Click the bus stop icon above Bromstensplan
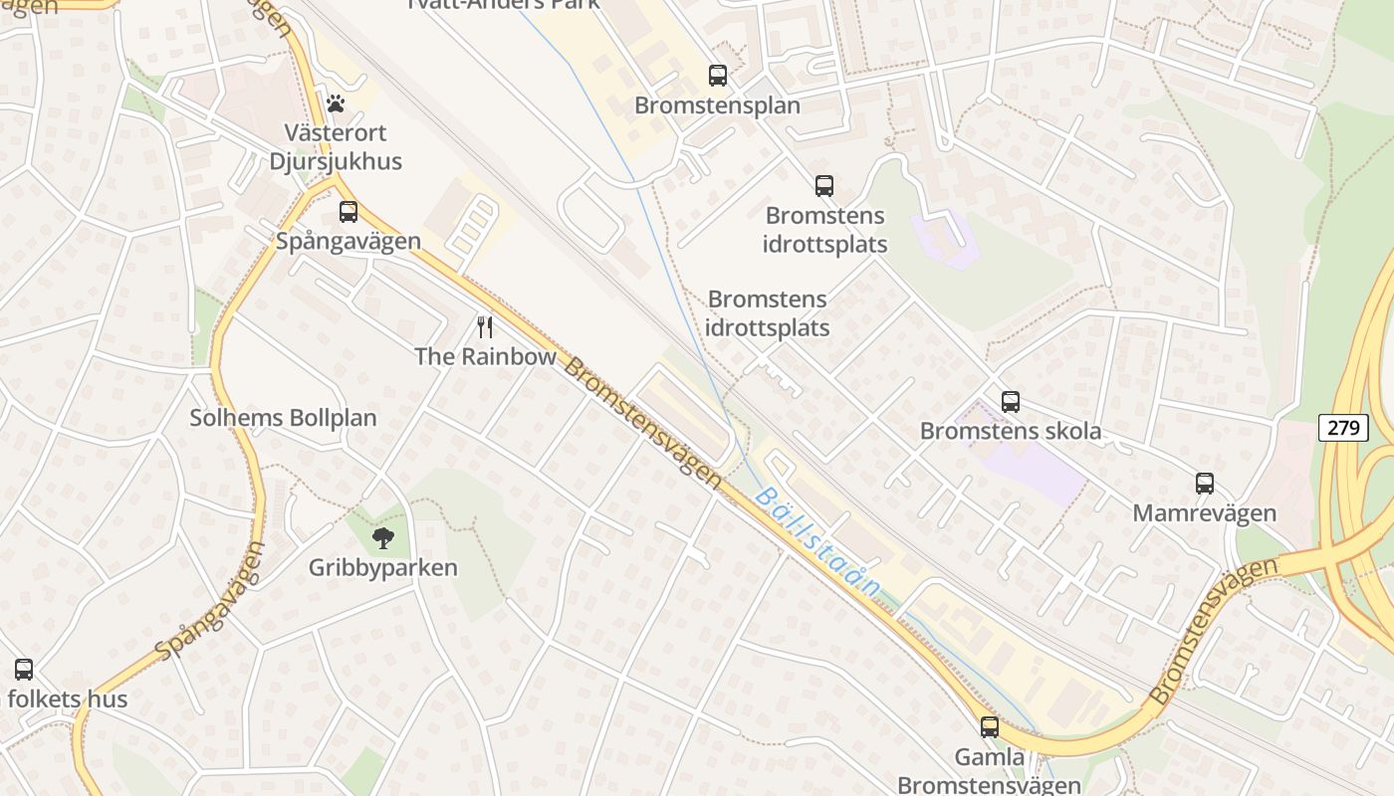717,75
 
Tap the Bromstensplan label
717,105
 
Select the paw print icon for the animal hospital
336,102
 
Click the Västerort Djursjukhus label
336,146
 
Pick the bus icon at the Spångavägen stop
348,211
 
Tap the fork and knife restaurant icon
485,327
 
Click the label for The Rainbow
485,356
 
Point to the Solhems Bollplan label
283,418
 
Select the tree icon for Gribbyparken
382,538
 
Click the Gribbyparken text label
382,568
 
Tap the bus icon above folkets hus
24,670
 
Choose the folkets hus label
68,698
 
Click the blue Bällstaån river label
816,541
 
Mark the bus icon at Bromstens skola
1011,402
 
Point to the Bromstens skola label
1011,431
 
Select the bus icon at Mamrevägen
1205,484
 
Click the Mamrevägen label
1205,513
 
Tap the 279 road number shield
1343,428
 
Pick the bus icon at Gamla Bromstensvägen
989,727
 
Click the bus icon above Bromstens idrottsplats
824,185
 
